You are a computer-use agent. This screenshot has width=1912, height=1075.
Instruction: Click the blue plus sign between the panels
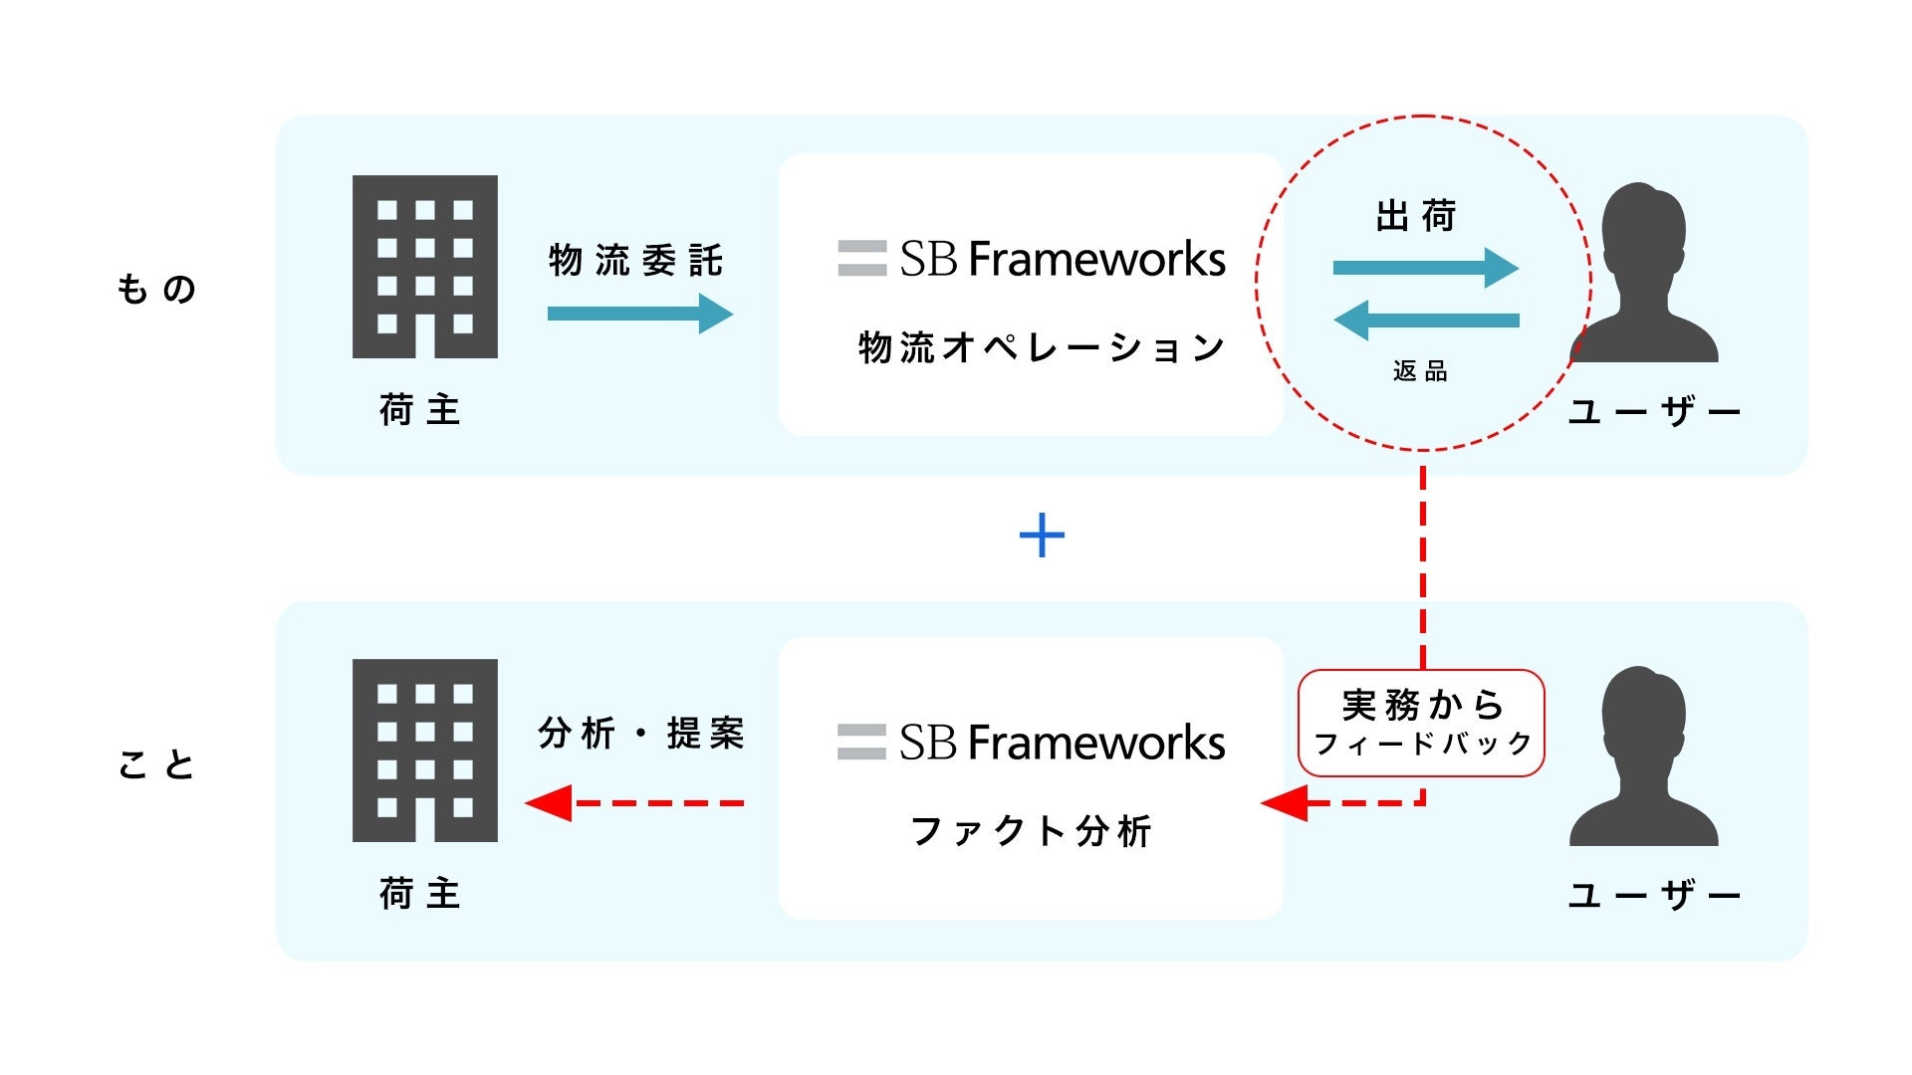(x=1042, y=536)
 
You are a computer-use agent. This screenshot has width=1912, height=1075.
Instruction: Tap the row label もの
(x=156, y=290)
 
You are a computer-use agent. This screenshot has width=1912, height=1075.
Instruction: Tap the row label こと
(x=156, y=765)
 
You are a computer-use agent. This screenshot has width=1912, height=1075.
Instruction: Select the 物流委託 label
(x=635, y=261)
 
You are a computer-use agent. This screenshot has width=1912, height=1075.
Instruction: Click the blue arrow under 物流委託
(x=639, y=314)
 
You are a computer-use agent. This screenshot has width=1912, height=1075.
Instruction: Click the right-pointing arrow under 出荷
(x=1425, y=268)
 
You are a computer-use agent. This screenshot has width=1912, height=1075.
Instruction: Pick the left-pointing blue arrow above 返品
(x=1425, y=321)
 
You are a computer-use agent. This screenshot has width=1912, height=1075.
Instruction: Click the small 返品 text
(x=1420, y=372)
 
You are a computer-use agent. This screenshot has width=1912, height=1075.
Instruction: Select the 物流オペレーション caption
(x=1042, y=348)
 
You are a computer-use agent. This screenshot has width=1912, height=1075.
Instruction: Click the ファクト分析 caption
(x=1032, y=831)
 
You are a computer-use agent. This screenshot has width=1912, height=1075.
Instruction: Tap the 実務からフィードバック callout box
(x=1421, y=723)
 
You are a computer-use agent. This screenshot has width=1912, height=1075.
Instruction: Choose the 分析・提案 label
(x=641, y=734)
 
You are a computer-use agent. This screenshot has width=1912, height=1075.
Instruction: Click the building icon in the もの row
(x=425, y=267)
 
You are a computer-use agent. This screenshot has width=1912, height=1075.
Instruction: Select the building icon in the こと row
(x=425, y=751)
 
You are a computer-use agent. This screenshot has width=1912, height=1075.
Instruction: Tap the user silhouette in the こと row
(x=1643, y=756)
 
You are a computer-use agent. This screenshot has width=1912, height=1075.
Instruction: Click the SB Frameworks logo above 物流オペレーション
(x=1032, y=259)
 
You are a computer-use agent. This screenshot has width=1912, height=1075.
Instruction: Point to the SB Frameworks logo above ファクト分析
(x=1032, y=743)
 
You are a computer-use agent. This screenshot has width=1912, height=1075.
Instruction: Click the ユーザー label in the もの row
(x=1653, y=411)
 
